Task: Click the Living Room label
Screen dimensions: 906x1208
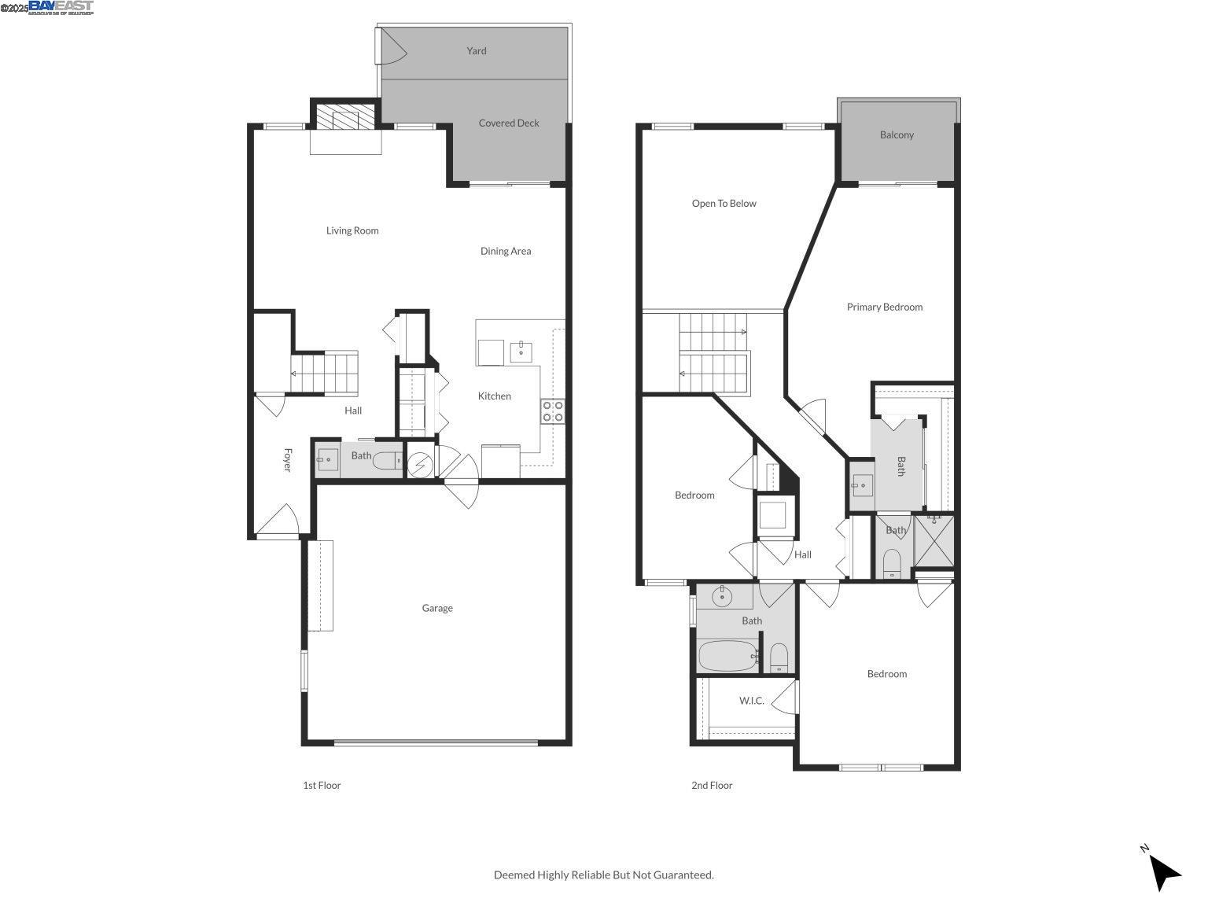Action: coord(352,230)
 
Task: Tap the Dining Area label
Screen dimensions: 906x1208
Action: coord(505,251)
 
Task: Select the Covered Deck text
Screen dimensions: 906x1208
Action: coord(509,123)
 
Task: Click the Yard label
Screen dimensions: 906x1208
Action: coord(476,51)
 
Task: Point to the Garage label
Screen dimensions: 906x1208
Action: coord(436,608)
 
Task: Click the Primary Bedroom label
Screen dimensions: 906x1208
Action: coord(884,307)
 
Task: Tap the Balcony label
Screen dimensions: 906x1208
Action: coord(897,134)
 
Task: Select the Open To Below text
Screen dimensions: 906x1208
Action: coord(724,203)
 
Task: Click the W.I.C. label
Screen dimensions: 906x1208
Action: coord(751,701)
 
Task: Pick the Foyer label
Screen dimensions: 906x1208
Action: coord(287,460)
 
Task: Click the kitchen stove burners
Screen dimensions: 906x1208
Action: coord(553,411)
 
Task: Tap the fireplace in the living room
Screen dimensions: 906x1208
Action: coord(345,118)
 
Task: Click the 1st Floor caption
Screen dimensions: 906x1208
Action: coord(322,785)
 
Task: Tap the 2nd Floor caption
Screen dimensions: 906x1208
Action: coord(712,785)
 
